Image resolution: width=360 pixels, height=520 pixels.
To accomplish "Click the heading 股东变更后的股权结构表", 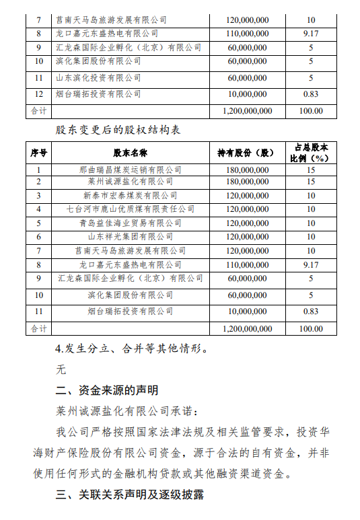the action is (118, 128).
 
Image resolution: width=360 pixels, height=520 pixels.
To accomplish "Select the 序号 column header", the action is (38, 152).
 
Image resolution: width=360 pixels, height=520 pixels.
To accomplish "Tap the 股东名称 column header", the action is (130, 152).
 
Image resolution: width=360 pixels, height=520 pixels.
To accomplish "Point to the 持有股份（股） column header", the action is (246, 152).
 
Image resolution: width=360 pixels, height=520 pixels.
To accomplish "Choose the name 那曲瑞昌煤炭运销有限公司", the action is (130, 170).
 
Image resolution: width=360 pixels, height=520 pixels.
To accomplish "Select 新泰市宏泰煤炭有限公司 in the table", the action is (130, 196).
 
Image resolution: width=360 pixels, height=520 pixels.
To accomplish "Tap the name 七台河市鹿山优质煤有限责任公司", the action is (130, 209).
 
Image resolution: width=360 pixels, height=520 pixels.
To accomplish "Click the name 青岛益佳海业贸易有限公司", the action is (130, 223).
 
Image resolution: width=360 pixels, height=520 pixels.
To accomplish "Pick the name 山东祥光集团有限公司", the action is (130, 237).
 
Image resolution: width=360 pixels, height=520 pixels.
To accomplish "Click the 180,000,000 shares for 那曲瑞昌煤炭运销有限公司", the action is (246, 170).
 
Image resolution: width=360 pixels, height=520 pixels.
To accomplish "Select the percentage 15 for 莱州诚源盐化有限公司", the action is (311, 182).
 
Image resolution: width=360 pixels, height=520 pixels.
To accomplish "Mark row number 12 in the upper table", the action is (38, 94).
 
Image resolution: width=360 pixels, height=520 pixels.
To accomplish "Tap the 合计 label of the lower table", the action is (38, 329).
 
